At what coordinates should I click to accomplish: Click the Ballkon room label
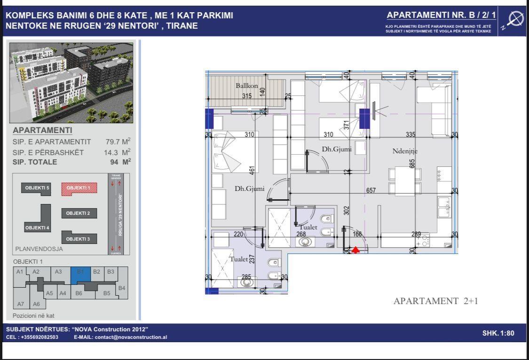[x=246, y=86]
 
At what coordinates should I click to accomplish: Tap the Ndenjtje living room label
[x=405, y=151]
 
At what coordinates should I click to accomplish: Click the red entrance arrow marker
[x=356, y=250]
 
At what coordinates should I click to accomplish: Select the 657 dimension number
[x=371, y=190]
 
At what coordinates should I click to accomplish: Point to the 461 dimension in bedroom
[x=252, y=169]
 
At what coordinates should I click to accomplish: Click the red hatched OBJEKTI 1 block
[x=79, y=188]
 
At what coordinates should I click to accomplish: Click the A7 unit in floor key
[x=21, y=304]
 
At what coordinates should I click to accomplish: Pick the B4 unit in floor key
[x=121, y=288]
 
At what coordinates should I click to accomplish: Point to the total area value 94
[x=120, y=162]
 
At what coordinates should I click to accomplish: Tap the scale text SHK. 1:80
[x=498, y=333]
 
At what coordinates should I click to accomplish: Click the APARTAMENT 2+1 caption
[x=435, y=301]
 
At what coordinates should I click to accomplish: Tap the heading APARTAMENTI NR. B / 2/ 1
[x=441, y=16]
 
